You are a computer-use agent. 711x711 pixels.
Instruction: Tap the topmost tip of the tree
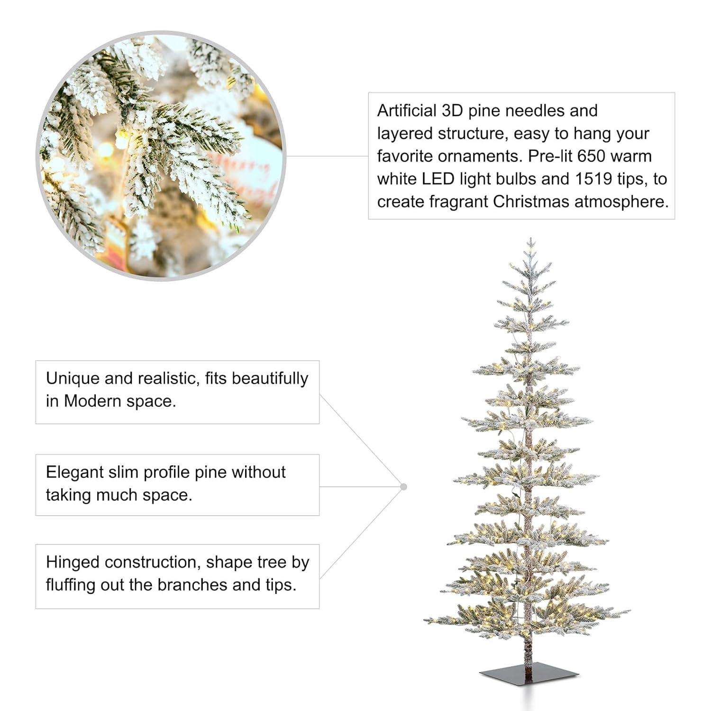point(531,240)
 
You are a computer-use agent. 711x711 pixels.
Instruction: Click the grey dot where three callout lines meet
point(403,487)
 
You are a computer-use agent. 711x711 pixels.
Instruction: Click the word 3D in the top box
point(452,110)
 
